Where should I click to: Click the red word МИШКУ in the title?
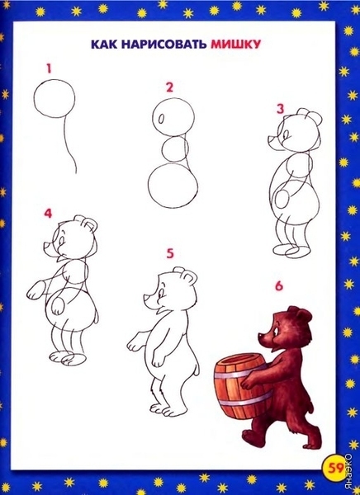point(236,45)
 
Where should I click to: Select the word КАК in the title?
point(104,45)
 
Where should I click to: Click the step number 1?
point(49,68)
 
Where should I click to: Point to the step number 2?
point(170,87)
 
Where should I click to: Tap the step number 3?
point(281,109)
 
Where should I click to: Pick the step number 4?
point(48,214)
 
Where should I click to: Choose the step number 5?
point(170,253)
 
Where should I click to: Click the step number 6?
point(279,286)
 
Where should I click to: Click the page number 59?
point(336,468)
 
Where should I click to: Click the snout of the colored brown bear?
point(263,337)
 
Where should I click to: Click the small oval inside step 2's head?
point(161,120)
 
